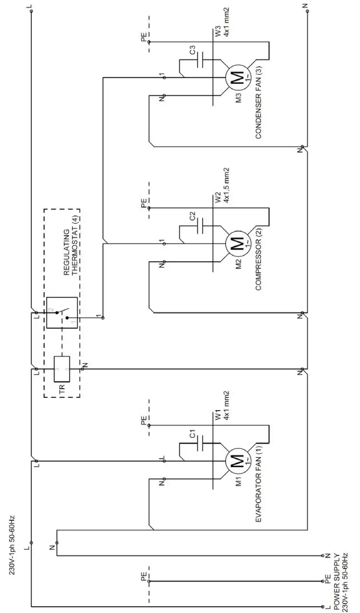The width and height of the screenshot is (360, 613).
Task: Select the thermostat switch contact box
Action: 62,313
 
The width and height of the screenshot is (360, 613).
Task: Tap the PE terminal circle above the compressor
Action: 149,208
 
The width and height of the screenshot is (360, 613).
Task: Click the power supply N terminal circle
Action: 323,555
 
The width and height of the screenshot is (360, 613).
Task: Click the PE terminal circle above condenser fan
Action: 149,42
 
